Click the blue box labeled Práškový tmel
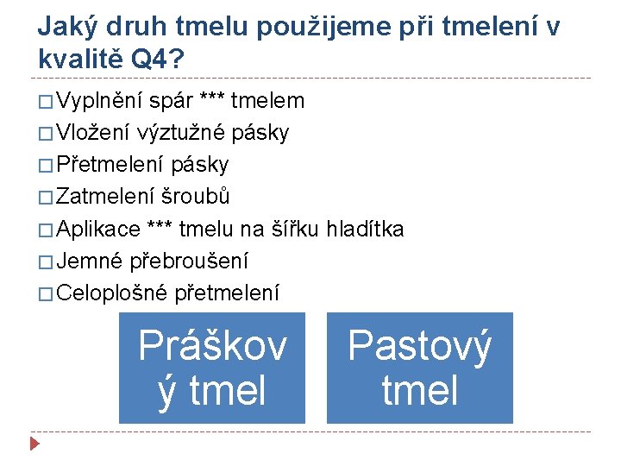click(x=212, y=368)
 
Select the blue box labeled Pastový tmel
click(x=419, y=368)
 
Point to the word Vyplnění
click(x=100, y=101)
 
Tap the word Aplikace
click(x=99, y=229)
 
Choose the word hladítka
click(x=361, y=229)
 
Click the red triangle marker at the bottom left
click(x=34, y=445)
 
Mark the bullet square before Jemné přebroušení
click(x=46, y=261)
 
